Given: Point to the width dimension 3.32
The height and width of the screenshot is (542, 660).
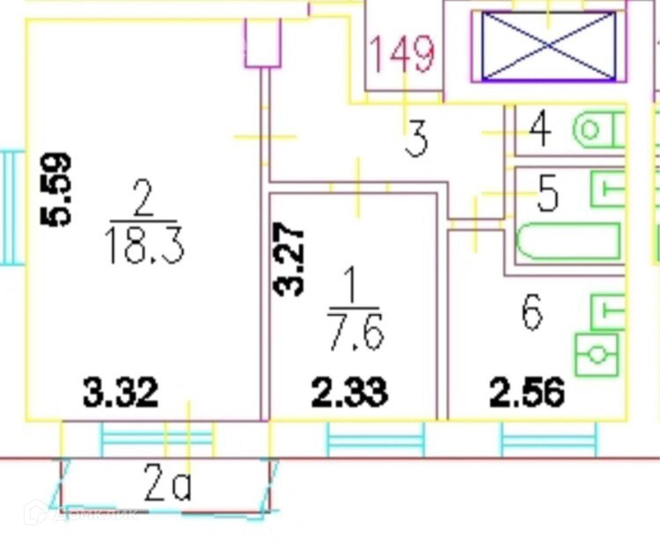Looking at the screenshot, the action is pyautogui.click(x=121, y=392).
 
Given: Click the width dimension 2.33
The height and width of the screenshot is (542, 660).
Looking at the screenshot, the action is pyautogui.click(x=349, y=392).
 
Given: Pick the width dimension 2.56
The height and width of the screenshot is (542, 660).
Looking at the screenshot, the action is pyautogui.click(x=527, y=392).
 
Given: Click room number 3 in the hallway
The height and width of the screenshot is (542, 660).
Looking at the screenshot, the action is pyautogui.click(x=417, y=139).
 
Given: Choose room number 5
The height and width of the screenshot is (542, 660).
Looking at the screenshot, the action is pyautogui.click(x=547, y=193).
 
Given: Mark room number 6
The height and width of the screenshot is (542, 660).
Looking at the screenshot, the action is pyautogui.click(x=532, y=312).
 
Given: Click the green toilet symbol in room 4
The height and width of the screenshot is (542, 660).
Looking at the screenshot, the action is pyautogui.click(x=597, y=130).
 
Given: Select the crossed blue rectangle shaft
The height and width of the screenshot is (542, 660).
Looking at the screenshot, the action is pyautogui.click(x=549, y=46).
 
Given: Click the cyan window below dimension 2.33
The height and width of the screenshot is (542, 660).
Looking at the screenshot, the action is pyautogui.click(x=375, y=439).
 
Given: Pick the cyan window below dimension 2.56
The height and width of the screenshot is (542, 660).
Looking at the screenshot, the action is pyautogui.click(x=550, y=439).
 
